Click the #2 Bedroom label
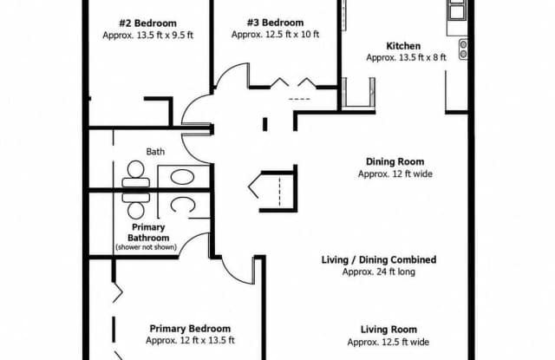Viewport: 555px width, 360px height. click(x=148, y=23)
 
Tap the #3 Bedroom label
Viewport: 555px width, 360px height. click(x=275, y=23)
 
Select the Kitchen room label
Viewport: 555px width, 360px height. click(x=403, y=46)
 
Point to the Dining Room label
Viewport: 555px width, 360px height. click(x=395, y=161)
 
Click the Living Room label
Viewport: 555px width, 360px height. click(x=388, y=330)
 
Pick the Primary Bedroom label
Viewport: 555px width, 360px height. click(x=190, y=329)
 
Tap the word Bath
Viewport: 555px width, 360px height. click(x=155, y=152)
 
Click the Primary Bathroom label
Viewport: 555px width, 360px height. click(x=148, y=232)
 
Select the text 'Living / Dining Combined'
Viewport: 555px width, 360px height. click(x=379, y=260)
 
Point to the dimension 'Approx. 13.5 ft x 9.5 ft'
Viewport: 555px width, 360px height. click(x=148, y=36)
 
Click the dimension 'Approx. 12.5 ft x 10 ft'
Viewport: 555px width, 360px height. click(x=275, y=35)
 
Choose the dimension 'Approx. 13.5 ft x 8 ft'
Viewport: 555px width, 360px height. click(x=406, y=57)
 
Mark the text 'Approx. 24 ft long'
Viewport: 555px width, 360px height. click(x=378, y=272)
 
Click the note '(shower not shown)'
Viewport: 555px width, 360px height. click(x=147, y=247)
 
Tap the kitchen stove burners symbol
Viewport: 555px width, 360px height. click(x=463, y=49)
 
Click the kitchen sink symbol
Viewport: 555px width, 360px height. click(x=457, y=10)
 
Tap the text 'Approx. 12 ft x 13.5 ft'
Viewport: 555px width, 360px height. click(x=190, y=341)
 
